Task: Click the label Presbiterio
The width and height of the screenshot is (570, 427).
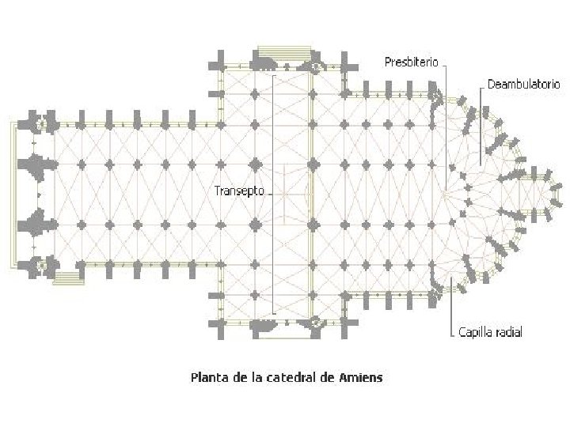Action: tap(411, 62)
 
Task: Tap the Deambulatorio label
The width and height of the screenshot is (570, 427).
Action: tap(524, 83)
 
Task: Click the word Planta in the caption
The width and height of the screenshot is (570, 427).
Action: tap(207, 377)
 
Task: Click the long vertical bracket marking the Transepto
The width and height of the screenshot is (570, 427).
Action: tap(273, 194)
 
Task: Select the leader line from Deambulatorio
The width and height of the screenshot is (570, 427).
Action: tap(481, 127)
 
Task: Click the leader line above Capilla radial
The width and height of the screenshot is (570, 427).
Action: tap(451, 304)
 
